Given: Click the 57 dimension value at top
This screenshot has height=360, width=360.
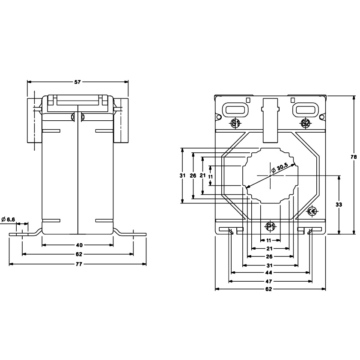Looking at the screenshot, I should (x=77, y=81).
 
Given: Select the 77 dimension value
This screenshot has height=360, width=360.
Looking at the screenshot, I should (x=78, y=264).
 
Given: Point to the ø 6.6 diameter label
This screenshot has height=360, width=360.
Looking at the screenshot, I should (x=8, y=220).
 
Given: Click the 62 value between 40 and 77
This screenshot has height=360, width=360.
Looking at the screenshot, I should (x=78, y=254).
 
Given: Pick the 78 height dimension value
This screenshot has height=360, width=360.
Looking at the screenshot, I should (x=354, y=157).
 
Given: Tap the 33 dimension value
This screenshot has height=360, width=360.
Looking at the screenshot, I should (x=339, y=205).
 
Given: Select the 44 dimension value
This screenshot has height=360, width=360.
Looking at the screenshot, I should (x=269, y=273).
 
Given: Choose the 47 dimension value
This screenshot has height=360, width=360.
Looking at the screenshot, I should (x=269, y=281).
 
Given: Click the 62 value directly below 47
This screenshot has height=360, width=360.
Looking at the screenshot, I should (x=269, y=289).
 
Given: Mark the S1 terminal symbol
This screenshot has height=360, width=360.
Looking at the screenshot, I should (x=235, y=123).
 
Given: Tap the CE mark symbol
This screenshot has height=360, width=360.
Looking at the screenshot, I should (x=312, y=211).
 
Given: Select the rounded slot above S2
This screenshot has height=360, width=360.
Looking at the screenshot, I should (x=304, y=110).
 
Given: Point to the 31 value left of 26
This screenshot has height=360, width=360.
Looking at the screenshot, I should (x=182, y=176).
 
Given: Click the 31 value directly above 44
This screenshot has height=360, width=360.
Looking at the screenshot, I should (x=269, y=265).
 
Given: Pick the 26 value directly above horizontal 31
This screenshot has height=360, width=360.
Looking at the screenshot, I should (x=269, y=257).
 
